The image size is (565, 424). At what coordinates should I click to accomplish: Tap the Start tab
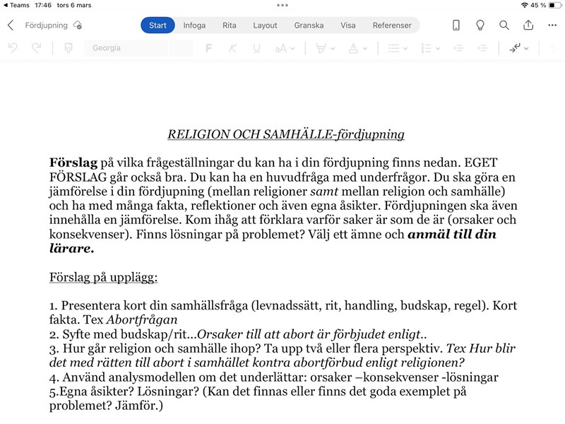[157, 25]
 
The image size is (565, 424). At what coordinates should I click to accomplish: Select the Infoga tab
[194, 25]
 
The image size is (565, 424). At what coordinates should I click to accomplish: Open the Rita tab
[230, 25]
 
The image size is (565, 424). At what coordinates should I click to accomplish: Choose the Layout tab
[266, 25]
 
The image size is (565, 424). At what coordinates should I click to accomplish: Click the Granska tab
[309, 25]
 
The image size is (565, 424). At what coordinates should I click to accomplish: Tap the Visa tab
[348, 25]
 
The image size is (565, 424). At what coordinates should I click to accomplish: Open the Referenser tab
[392, 25]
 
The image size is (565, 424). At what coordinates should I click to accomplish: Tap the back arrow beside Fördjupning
[11, 25]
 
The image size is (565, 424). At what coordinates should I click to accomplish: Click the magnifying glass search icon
[504, 25]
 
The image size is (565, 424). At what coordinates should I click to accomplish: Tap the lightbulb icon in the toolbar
[480, 25]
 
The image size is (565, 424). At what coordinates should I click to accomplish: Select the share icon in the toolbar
[528, 25]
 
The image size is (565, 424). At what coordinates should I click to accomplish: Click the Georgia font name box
[138, 48]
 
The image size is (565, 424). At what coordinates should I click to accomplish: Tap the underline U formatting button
[256, 48]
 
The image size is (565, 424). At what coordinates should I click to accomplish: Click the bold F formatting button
[208, 48]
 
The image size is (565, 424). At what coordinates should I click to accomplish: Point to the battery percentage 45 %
[538, 5]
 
